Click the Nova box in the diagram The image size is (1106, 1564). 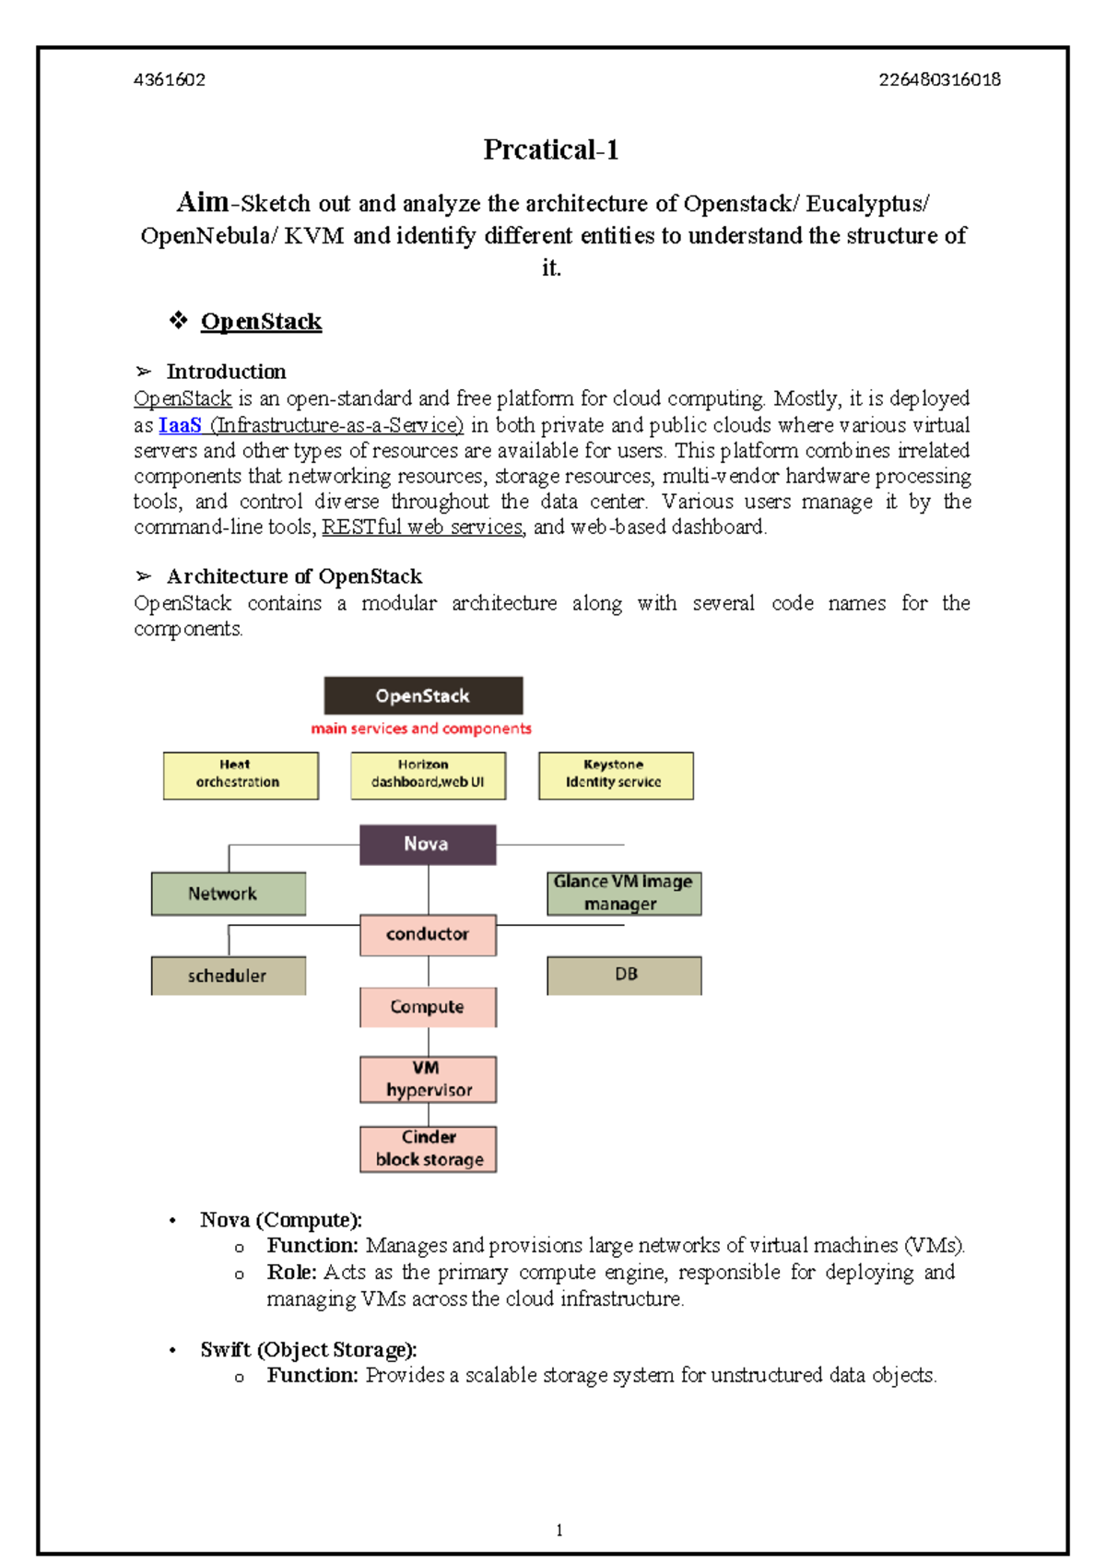[428, 844]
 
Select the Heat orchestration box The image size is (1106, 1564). [241, 775]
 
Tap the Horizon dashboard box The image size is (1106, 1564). [428, 775]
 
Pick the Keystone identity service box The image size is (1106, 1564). [616, 775]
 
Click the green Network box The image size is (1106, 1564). [228, 894]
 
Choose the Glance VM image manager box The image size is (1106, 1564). [624, 893]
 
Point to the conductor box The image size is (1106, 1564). [428, 934]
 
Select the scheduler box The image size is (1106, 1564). [228, 976]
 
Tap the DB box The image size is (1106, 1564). [624, 975]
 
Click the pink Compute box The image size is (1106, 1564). [428, 1007]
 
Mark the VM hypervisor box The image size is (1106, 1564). [428, 1079]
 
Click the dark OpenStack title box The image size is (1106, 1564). [423, 695]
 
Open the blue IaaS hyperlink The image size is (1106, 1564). [180, 425]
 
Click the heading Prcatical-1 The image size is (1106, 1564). [551, 149]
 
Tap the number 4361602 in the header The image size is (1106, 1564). [170, 79]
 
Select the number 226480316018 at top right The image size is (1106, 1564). [939, 79]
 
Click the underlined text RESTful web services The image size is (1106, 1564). [422, 527]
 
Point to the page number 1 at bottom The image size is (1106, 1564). [559, 1530]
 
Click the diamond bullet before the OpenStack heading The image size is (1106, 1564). [178, 320]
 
